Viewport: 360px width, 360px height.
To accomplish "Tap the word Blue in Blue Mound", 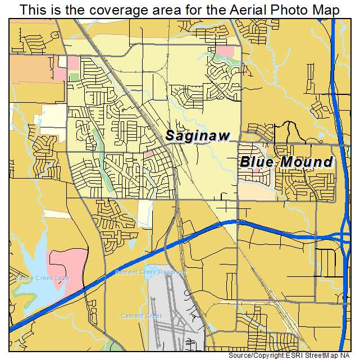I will tap(258, 162).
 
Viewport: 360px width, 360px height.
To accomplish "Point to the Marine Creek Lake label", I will tap(34, 278).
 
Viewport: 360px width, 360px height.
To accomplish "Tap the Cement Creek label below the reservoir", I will tap(142, 316).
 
